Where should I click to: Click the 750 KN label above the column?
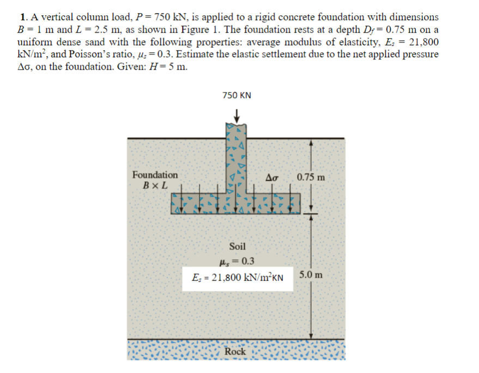tap(237, 95)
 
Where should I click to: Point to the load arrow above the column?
tap(237, 116)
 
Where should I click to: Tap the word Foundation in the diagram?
tap(155, 175)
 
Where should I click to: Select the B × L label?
tap(155, 185)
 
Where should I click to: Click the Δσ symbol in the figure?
tap(272, 178)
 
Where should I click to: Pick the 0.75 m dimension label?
tap(311, 177)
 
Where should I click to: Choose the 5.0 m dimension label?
tap(311, 275)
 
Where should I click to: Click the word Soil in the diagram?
tap(238, 246)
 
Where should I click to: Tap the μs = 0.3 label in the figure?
tap(237, 261)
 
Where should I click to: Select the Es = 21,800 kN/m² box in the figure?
tap(238, 278)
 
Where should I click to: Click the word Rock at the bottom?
tap(235, 352)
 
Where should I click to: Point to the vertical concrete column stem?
tap(236, 158)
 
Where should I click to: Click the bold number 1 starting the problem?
tap(23, 17)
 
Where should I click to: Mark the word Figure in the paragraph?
tap(195, 29)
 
